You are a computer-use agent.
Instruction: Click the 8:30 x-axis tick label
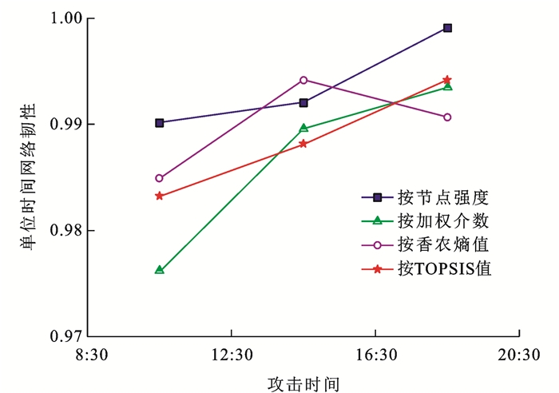[88, 354]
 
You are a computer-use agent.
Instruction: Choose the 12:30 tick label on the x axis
[232, 354]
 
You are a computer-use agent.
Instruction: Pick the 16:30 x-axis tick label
[375, 354]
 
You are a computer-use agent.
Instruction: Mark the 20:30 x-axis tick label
[520, 354]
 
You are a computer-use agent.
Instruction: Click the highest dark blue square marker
[447, 28]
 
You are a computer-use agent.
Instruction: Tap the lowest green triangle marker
[160, 270]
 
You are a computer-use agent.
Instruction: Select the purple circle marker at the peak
[303, 80]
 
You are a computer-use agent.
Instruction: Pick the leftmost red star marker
[160, 196]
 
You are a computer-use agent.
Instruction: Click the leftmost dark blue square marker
[160, 123]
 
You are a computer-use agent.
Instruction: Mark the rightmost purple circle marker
[447, 117]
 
